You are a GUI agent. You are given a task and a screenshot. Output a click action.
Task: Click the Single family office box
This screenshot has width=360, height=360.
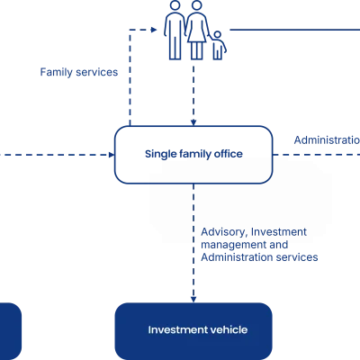(x=193, y=155)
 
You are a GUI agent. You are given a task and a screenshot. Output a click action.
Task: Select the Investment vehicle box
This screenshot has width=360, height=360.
(x=193, y=331)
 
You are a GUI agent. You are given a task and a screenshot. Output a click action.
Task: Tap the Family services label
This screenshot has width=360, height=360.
(x=79, y=72)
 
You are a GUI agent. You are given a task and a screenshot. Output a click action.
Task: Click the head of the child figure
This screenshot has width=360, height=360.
(x=218, y=35)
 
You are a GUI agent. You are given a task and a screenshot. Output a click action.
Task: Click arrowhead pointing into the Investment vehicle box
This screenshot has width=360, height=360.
(x=193, y=300)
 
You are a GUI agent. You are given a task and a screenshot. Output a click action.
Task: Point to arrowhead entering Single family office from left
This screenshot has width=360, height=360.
(x=112, y=155)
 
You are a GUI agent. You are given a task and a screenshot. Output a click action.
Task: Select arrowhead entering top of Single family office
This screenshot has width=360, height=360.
(x=193, y=122)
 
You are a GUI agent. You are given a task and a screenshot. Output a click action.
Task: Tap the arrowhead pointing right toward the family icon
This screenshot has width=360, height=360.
(x=154, y=30)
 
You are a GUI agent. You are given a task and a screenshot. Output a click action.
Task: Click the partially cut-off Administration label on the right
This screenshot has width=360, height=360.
(x=327, y=140)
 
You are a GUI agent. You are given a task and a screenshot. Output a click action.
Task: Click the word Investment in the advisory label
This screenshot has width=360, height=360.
(x=279, y=232)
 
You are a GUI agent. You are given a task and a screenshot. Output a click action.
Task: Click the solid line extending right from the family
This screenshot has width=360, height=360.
(x=295, y=30)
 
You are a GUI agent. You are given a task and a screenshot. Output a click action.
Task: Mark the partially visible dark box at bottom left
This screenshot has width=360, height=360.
(x=11, y=331)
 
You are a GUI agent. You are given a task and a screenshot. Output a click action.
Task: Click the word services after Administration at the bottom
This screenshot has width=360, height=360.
(x=297, y=257)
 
